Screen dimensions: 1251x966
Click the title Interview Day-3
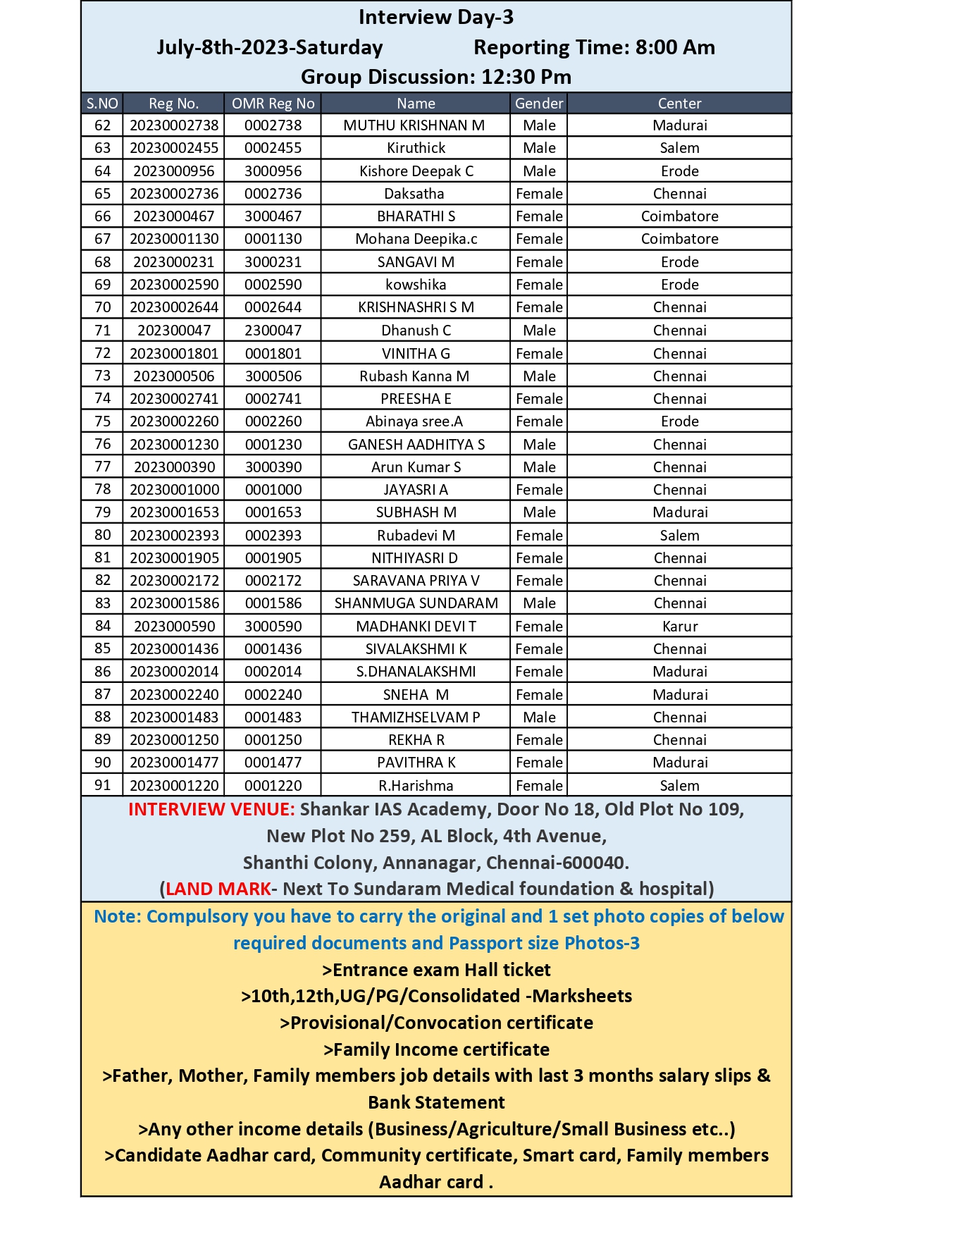click(x=435, y=17)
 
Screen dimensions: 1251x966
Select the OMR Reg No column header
click(x=273, y=104)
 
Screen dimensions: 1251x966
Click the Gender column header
click(x=539, y=104)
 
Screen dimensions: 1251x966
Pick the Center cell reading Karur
click(x=680, y=627)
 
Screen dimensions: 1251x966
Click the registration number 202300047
click(x=174, y=331)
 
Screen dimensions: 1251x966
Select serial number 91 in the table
click(x=103, y=785)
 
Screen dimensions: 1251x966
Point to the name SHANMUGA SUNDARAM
click(x=416, y=603)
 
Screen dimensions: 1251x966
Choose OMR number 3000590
click(x=273, y=627)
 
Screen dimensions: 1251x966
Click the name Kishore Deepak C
click(x=416, y=171)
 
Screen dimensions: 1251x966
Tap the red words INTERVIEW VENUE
click(x=211, y=809)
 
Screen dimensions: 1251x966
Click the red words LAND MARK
click(x=218, y=889)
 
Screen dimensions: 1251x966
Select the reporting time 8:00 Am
click(x=674, y=47)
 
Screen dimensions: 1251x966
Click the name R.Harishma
click(x=416, y=785)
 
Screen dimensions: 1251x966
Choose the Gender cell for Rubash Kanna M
click(x=539, y=376)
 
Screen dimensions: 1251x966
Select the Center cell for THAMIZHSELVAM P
click(x=680, y=717)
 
